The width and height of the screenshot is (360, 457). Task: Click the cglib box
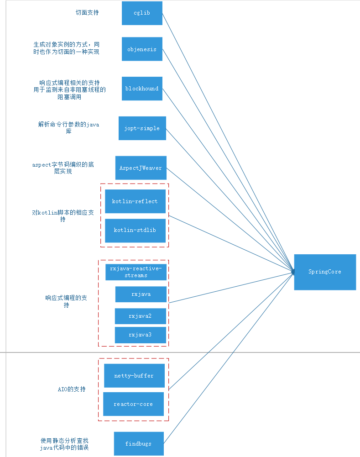tap(142, 13)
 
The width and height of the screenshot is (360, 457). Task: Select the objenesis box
tap(142, 49)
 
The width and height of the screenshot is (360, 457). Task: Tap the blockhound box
tap(142, 89)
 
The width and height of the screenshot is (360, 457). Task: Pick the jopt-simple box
tap(142, 128)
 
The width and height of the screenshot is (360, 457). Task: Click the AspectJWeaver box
tap(141, 168)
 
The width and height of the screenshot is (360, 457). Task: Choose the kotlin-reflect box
tap(135, 201)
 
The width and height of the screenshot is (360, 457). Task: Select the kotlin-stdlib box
tap(135, 230)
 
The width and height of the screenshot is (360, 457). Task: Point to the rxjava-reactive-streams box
tap(136, 272)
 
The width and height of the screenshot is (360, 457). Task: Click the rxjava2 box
tap(140, 316)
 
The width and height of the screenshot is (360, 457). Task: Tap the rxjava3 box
tap(140, 335)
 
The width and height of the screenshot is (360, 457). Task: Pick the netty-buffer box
tap(134, 376)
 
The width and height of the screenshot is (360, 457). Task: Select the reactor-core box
tap(133, 404)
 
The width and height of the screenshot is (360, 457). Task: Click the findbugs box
tap(138, 443)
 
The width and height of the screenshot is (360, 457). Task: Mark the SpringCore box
tap(325, 272)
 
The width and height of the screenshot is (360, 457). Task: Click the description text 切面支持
tap(87, 13)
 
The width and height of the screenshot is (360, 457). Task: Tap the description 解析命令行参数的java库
tap(68, 127)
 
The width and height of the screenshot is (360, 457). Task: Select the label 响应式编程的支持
tap(66, 301)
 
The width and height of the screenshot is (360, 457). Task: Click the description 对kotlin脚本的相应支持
tap(63, 216)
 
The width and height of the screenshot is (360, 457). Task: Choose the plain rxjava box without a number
tap(141, 294)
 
